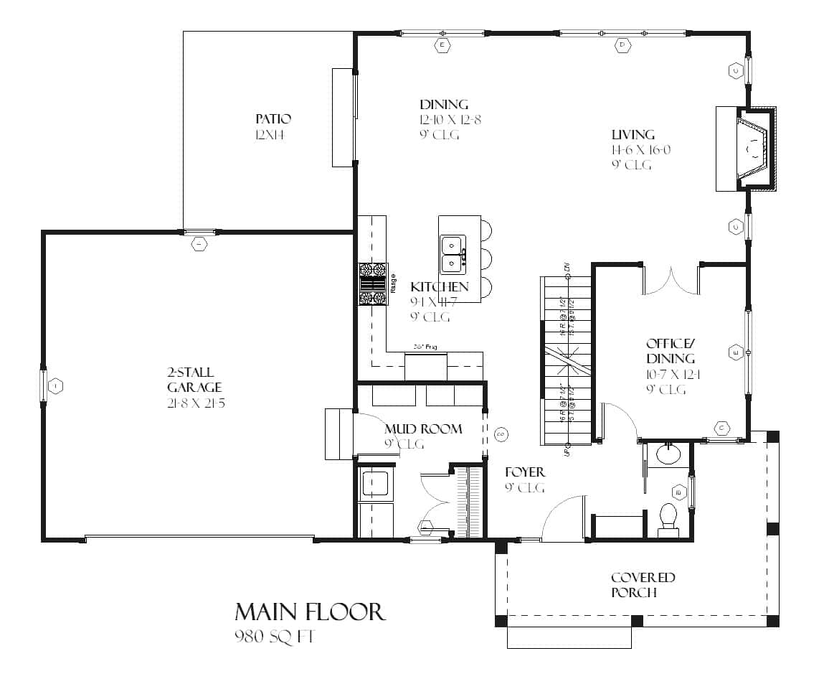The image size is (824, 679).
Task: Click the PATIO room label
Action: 273,118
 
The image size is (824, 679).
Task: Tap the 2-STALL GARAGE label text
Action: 189,380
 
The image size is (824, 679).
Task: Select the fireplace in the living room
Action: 750,149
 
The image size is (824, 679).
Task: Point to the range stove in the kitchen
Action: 372,285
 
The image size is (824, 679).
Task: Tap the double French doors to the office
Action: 671,281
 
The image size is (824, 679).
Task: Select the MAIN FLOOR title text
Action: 310,612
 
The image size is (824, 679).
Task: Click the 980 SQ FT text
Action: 274,636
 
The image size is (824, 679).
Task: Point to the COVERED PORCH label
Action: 643,585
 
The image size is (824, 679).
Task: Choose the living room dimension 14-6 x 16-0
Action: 640,150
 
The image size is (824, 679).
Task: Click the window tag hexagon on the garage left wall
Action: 57,387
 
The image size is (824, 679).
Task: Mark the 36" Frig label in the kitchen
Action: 425,347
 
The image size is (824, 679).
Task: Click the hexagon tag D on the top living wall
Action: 622,46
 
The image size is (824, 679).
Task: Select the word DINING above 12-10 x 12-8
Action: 444,105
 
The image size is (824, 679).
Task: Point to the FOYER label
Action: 525,472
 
